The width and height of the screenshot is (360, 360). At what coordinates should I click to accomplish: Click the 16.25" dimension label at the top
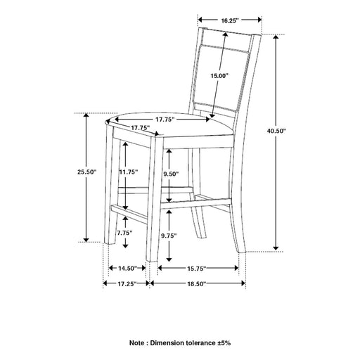click(230, 20)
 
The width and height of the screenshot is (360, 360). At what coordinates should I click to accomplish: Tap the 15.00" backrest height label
click(219, 76)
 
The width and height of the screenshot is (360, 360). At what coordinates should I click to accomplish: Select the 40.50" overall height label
click(276, 131)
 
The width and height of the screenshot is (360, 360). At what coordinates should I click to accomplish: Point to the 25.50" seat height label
click(87, 172)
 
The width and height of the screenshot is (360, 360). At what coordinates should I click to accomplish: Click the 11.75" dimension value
click(129, 172)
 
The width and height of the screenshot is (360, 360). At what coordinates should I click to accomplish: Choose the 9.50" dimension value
click(171, 174)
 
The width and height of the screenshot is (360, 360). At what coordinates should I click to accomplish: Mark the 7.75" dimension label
click(125, 233)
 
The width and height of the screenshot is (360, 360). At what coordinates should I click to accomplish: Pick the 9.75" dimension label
click(169, 236)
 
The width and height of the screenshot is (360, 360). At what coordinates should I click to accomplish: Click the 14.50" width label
click(127, 269)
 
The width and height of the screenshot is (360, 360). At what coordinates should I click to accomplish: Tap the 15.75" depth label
click(196, 269)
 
